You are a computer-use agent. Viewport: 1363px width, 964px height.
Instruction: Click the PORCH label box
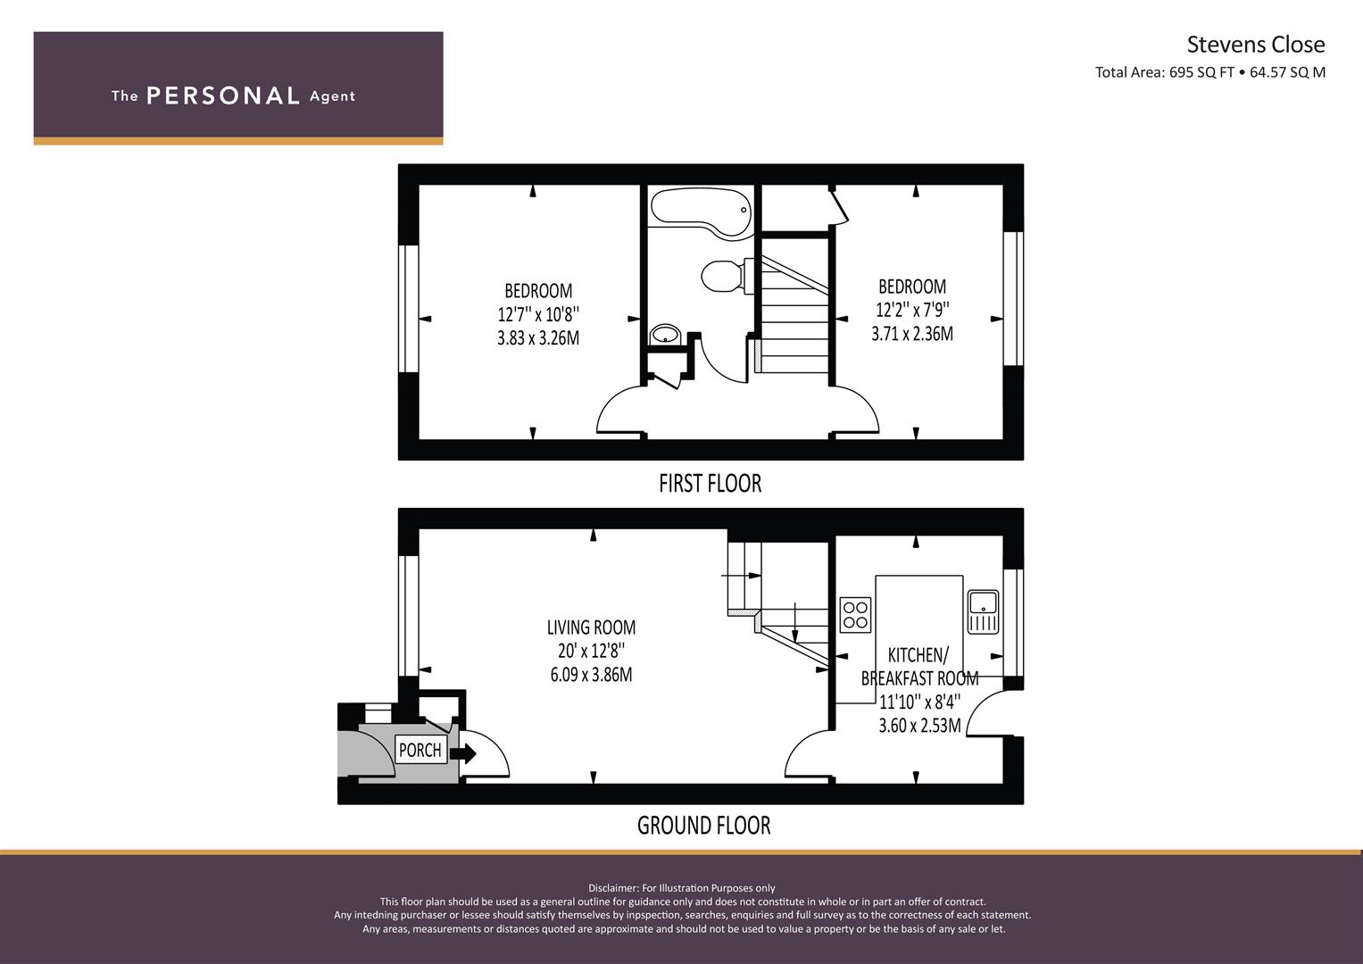coord(420,750)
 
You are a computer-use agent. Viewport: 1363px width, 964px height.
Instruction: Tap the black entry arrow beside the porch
coord(463,754)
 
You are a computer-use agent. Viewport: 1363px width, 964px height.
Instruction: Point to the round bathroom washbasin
coord(665,334)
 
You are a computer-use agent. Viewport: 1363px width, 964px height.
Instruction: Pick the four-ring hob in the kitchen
coord(855,615)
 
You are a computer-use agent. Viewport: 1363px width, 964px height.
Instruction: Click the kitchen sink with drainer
coord(983,611)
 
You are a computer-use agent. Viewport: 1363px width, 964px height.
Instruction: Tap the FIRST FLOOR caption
coord(711,483)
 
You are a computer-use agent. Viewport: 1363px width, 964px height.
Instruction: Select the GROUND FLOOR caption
coord(704,826)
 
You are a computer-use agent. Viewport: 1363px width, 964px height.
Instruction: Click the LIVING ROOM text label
coord(591,627)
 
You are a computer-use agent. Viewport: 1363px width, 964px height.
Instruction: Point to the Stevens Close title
coord(1256,45)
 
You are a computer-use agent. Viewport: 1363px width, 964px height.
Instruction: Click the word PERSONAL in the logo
coord(223,96)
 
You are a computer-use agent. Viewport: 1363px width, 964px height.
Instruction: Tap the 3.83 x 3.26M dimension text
coord(538,337)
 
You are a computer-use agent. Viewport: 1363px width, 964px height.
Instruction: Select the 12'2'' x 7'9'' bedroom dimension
coord(912,310)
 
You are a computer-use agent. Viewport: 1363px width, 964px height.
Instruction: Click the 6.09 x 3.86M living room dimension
coord(591,674)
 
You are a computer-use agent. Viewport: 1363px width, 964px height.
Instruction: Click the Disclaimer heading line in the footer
coord(682,888)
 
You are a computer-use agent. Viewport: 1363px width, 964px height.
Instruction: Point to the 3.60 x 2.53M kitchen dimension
coord(919,726)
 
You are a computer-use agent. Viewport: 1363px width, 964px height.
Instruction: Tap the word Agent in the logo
coord(332,96)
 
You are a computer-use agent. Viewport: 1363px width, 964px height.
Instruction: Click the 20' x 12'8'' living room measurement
coord(591,651)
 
